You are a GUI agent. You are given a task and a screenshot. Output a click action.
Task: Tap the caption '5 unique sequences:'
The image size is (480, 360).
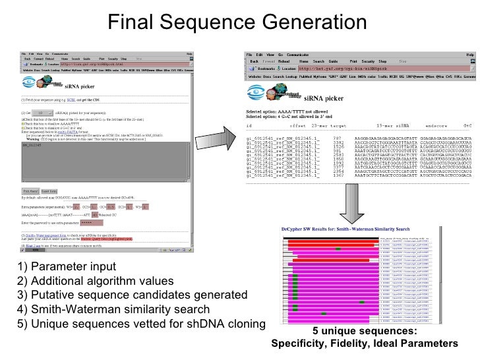click(x=365, y=331)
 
